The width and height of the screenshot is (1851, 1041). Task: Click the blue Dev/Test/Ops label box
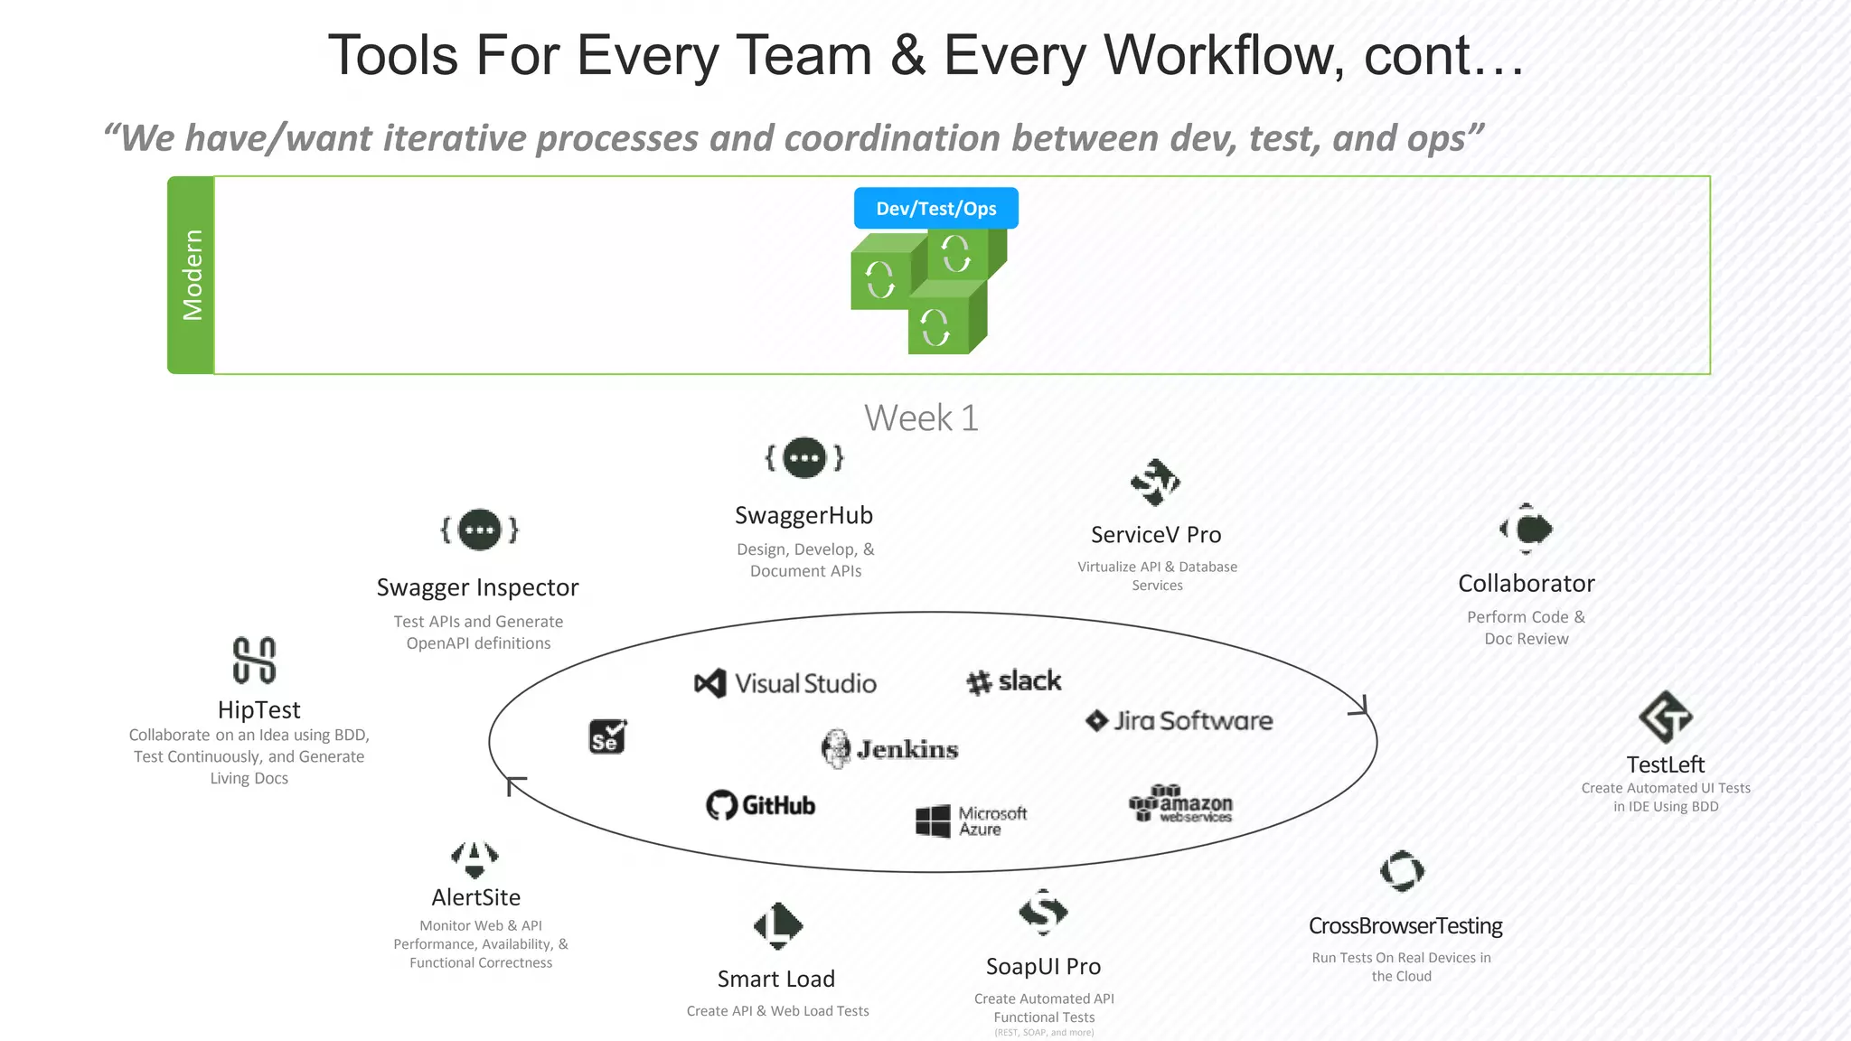coord(935,209)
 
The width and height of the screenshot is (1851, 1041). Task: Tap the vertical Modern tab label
coord(192,275)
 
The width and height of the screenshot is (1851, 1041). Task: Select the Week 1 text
coord(921,418)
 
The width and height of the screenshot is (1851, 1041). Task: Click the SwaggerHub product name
coord(803,516)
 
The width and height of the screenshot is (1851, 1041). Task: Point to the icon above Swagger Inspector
coord(479,530)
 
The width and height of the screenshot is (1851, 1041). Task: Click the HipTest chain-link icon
coord(254,660)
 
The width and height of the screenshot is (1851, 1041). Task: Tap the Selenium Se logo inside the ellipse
coord(607,736)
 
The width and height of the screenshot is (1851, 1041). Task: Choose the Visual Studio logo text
coord(804,684)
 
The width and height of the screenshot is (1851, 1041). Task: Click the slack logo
coord(1013,681)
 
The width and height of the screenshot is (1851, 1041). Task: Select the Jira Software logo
coord(1179,721)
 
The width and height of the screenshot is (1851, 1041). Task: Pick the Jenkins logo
coord(890,749)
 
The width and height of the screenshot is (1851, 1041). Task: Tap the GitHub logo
coord(761,805)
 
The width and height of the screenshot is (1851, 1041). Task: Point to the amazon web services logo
coord(1181,803)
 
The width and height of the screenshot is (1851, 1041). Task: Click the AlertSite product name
coord(475,898)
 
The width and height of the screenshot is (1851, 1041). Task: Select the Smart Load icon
coord(777,925)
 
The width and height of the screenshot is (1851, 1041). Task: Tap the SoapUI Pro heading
coord(1043,967)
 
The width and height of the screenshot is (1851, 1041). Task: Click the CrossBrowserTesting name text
coord(1405,926)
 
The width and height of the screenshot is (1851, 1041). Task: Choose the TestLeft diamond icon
coord(1665,717)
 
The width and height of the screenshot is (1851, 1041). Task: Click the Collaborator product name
coord(1526,584)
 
